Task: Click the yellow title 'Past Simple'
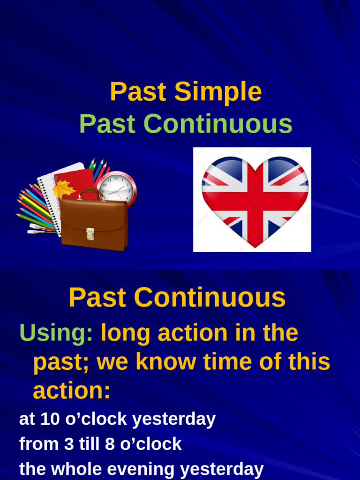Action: point(186,92)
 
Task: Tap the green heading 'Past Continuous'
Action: point(186,124)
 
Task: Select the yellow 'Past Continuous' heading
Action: point(177,298)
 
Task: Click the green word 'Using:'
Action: point(56,333)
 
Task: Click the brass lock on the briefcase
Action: point(90,233)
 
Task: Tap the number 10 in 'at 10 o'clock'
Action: point(51,420)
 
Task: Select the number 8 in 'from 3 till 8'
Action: point(110,444)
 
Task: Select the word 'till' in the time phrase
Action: point(89,444)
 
